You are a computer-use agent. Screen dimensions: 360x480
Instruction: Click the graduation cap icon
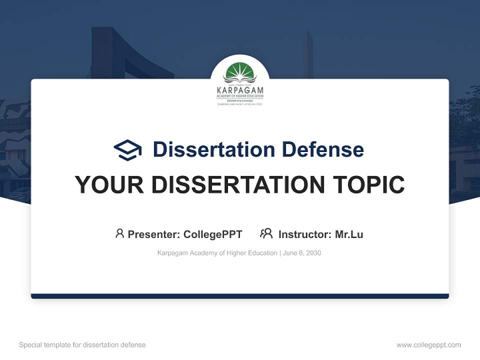(x=127, y=149)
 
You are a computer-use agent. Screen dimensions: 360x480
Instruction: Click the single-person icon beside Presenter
(x=119, y=233)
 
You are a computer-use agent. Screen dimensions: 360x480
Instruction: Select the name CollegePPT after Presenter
(x=213, y=234)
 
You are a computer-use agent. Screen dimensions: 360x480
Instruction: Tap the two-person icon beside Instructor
(x=266, y=233)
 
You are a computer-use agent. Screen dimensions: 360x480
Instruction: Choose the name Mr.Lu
(x=349, y=234)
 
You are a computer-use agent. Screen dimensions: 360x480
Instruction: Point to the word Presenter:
(x=154, y=234)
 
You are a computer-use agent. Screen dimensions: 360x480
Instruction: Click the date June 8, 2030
(x=301, y=253)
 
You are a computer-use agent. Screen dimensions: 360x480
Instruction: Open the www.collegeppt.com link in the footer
(x=428, y=345)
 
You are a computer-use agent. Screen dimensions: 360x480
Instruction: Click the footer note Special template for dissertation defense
(x=82, y=345)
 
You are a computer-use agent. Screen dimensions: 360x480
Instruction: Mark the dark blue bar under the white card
(x=240, y=296)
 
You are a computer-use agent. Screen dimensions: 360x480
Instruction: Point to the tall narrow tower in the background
(x=308, y=55)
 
